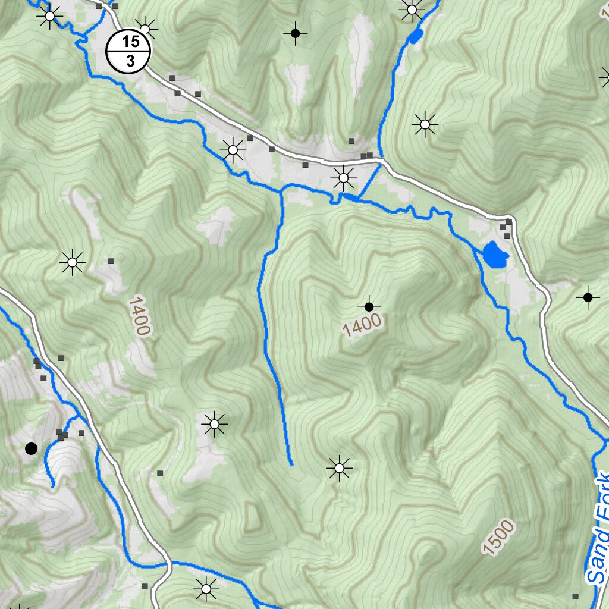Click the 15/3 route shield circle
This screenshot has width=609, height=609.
click(x=128, y=51)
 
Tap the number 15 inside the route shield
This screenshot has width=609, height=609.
click(x=131, y=41)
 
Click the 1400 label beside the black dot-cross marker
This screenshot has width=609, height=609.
click(x=362, y=325)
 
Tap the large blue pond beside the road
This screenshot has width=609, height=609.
click(x=495, y=255)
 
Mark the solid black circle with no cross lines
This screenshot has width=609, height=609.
click(x=31, y=448)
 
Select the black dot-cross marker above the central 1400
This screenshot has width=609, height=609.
click(x=369, y=306)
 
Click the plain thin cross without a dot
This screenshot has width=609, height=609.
click(x=316, y=23)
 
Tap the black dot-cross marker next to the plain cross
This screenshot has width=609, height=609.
click(x=295, y=33)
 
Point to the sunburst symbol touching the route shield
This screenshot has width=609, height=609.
click(x=146, y=27)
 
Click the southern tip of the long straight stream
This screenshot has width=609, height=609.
click(x=291, y=464)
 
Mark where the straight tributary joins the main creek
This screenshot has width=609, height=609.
click(x=281, y=192)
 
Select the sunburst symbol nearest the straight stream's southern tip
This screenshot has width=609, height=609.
click(x=339, y=468)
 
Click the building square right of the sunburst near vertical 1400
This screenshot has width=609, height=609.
click(x=111, y=260)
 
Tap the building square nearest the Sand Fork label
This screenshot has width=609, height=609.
click(x=575, y=595)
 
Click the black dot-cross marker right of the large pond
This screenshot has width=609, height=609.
click(x=588, y=297)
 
